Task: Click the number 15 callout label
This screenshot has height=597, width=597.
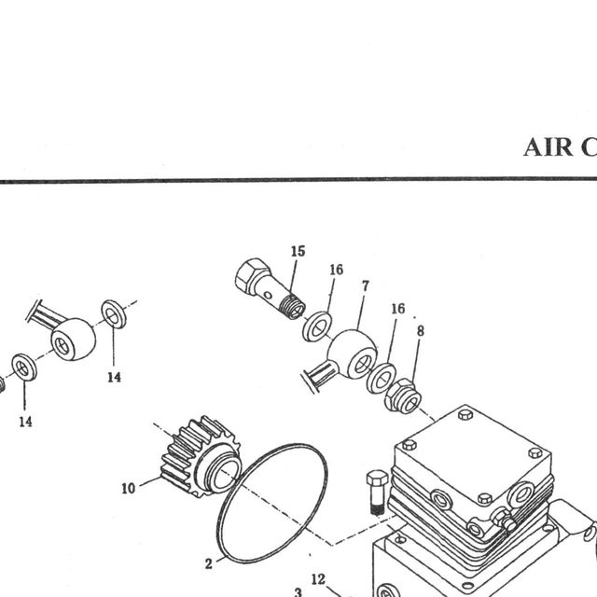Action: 298,251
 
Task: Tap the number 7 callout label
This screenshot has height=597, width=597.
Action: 366,286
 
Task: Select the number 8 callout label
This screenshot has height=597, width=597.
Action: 421,331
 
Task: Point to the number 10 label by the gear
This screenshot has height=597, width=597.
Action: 129,488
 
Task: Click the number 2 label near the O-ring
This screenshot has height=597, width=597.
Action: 208,563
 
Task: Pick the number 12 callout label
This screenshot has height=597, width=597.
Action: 318,579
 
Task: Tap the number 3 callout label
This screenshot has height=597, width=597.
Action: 298,592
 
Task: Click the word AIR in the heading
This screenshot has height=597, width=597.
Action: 548,147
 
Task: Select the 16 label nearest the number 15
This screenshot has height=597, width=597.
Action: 336,270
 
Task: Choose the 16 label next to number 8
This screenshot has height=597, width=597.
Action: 398,309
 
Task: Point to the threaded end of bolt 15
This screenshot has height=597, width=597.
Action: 293,307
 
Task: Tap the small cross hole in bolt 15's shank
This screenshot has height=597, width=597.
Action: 268,296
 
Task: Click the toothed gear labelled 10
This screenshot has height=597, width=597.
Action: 201,456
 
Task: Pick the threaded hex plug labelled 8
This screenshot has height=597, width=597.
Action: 402,396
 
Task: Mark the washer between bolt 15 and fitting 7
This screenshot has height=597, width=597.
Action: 317,326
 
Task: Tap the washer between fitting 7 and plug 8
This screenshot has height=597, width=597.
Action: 382,379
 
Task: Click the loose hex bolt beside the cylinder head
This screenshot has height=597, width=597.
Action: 377,493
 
